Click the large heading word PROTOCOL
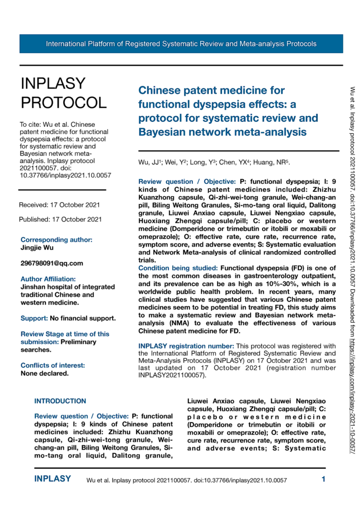point(63,102)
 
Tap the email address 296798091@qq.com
point(51,263)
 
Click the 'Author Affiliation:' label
point(48,279)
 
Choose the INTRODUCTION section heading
point(60,401)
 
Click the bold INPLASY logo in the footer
point(52,480)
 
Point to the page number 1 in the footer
point(323,480)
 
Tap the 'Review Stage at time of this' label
point(65,320)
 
